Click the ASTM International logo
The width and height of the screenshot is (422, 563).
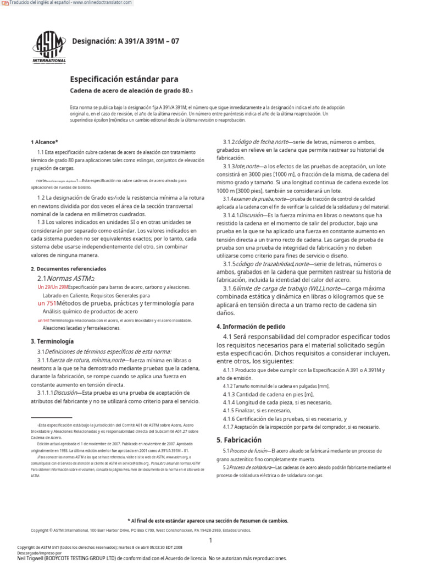tap(49, 46)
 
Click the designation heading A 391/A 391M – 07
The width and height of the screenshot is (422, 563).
tap(126, 41)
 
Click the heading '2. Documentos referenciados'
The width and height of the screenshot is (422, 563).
tap(68, 269)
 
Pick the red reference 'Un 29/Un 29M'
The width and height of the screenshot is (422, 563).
tap(52, 287)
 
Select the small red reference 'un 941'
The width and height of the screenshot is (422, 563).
tap(43, 320)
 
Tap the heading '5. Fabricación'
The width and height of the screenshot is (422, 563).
tap(239, 440)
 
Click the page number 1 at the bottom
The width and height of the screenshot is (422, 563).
tap(210, 540)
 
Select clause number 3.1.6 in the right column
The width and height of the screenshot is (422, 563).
tap(229, 289)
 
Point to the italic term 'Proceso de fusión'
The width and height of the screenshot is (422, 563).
tap(245, 451)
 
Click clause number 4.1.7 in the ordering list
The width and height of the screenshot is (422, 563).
tap(229, 427)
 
